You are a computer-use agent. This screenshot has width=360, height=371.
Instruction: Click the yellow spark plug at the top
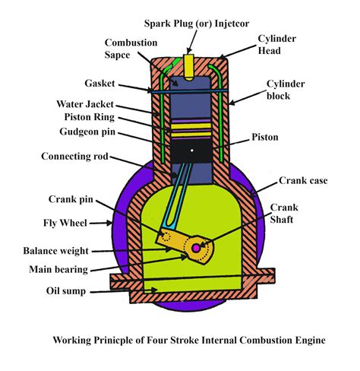[x=189, y=67]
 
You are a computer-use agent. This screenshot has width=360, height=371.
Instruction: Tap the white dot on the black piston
[x=192, y=151]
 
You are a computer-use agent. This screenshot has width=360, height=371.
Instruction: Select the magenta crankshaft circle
[x=196, y=248]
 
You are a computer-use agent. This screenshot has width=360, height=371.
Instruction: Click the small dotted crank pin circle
[x=166, y=236]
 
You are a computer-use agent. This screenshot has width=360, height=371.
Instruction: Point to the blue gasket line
[x=190, y=90]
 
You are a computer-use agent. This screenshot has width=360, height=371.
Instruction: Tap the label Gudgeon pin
[x=87, y=132]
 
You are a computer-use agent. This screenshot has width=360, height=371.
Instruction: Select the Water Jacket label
[x=85, y=104]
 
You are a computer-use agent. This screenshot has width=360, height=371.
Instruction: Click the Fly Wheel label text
[x=65, y=223]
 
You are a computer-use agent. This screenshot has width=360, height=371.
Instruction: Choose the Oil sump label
[x=66, y=291]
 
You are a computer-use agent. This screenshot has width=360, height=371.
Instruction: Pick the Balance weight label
[x=56, y=251]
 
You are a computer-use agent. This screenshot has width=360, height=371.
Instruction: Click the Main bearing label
[x=58, y=269]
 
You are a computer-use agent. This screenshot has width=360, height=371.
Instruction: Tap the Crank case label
[x=303, y=180]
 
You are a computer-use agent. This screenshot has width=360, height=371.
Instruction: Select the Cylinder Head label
[x=276, y=45]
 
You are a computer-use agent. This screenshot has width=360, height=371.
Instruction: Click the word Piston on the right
[x=265, y=137]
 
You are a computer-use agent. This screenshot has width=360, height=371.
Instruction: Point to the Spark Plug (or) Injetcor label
[x=197, y=24]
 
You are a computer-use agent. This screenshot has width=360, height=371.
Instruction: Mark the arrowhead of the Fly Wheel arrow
[x=109, y=223]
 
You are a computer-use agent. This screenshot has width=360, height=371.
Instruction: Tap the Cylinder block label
[x=286, y=90]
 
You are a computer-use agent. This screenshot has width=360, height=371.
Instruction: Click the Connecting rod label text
[x=74, y=157]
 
